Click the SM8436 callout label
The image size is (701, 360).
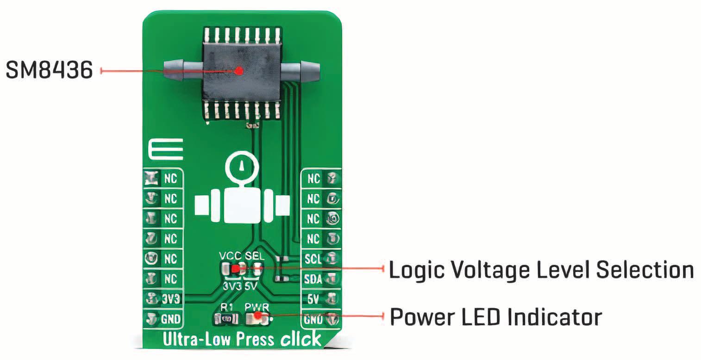click(x=49, y=71)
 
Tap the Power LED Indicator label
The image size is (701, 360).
click(x=495, y=317)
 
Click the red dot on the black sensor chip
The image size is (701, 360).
click(x=239, y=71)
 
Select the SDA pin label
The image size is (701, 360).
click(x=313, y=279)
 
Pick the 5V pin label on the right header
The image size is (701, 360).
click(x=314, y=298)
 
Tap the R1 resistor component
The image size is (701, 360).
click(x=226, y=318)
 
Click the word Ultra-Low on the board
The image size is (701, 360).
click(x=195, y=340)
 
